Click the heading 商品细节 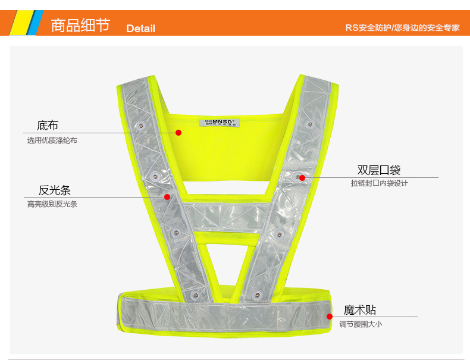tap(80, 26)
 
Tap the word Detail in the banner tap(140, 29)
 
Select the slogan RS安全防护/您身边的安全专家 tap(402, 28)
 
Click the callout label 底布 tap(48, 126)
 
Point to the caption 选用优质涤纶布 tap(52, 141)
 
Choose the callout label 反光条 tap(55, 190)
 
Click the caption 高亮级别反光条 tap(52, 204)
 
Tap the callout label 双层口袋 tap(379, 171)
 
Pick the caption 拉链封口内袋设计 tap(379, 184)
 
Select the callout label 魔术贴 tap(359, 310)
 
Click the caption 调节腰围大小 tap(361, 324)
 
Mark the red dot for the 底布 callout tap(178, 133)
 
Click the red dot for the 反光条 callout tap(167, 197)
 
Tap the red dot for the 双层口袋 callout tap(302, 177)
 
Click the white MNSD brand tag tap(218, 123)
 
